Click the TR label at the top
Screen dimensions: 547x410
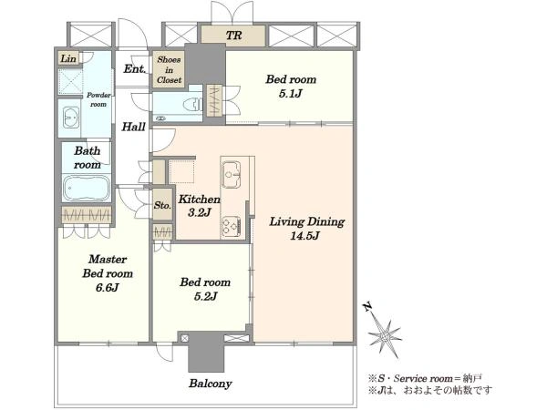pos(233,36)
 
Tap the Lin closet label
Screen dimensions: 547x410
pos(68,58)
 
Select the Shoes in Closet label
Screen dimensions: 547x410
pos(169,70)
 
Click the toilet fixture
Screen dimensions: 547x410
pos(192,104)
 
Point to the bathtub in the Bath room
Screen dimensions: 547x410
pos(87,188)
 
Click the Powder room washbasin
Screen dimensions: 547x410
pos(71,118)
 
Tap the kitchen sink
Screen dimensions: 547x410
pos(232,174)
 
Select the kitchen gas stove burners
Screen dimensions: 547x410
pos(231,226)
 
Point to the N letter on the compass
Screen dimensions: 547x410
pos(367,307)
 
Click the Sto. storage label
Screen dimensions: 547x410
pos(162,205)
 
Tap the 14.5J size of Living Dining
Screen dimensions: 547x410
pos(304,236)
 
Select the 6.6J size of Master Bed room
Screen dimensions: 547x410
pos(108,288)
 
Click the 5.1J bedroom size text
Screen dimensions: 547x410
pos(290,94)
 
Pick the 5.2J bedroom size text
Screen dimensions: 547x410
pos(205,296)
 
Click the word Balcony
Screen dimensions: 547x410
pos(211,384)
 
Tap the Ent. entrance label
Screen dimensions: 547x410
pos(135,68)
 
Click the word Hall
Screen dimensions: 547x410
pos(134,127)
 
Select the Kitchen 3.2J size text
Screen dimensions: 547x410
pos(199,212)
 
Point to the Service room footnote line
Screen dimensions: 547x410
pos(425,378)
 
